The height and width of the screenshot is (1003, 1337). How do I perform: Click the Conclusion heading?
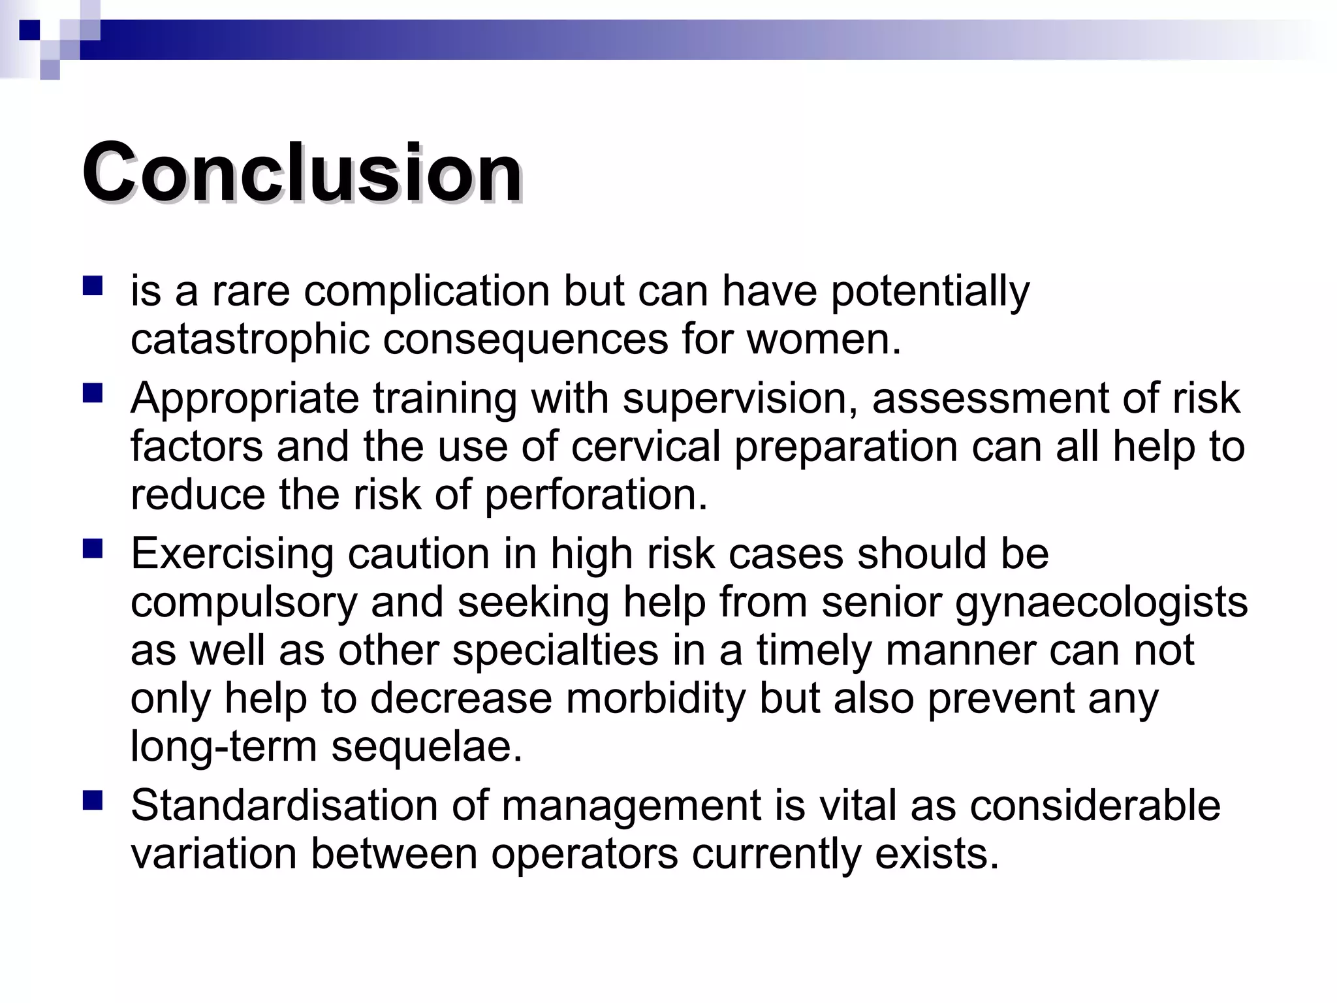coord(302,173)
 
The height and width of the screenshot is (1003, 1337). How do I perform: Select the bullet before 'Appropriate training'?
coord(93,393)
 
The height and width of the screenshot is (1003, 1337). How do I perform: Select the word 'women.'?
coord(824,339)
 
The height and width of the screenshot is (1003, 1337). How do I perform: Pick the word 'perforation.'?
coord(596,494)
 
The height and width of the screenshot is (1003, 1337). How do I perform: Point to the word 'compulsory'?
coord(244,602)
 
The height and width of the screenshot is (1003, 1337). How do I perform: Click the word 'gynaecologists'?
coord(1101,602)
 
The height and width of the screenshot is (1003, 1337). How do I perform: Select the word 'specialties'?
coord(556,650)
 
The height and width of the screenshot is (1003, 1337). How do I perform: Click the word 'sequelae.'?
coord(427,746)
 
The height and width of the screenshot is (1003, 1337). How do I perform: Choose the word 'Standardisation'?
coord(284,804)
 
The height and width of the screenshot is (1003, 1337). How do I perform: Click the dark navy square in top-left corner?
coord(29,30)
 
